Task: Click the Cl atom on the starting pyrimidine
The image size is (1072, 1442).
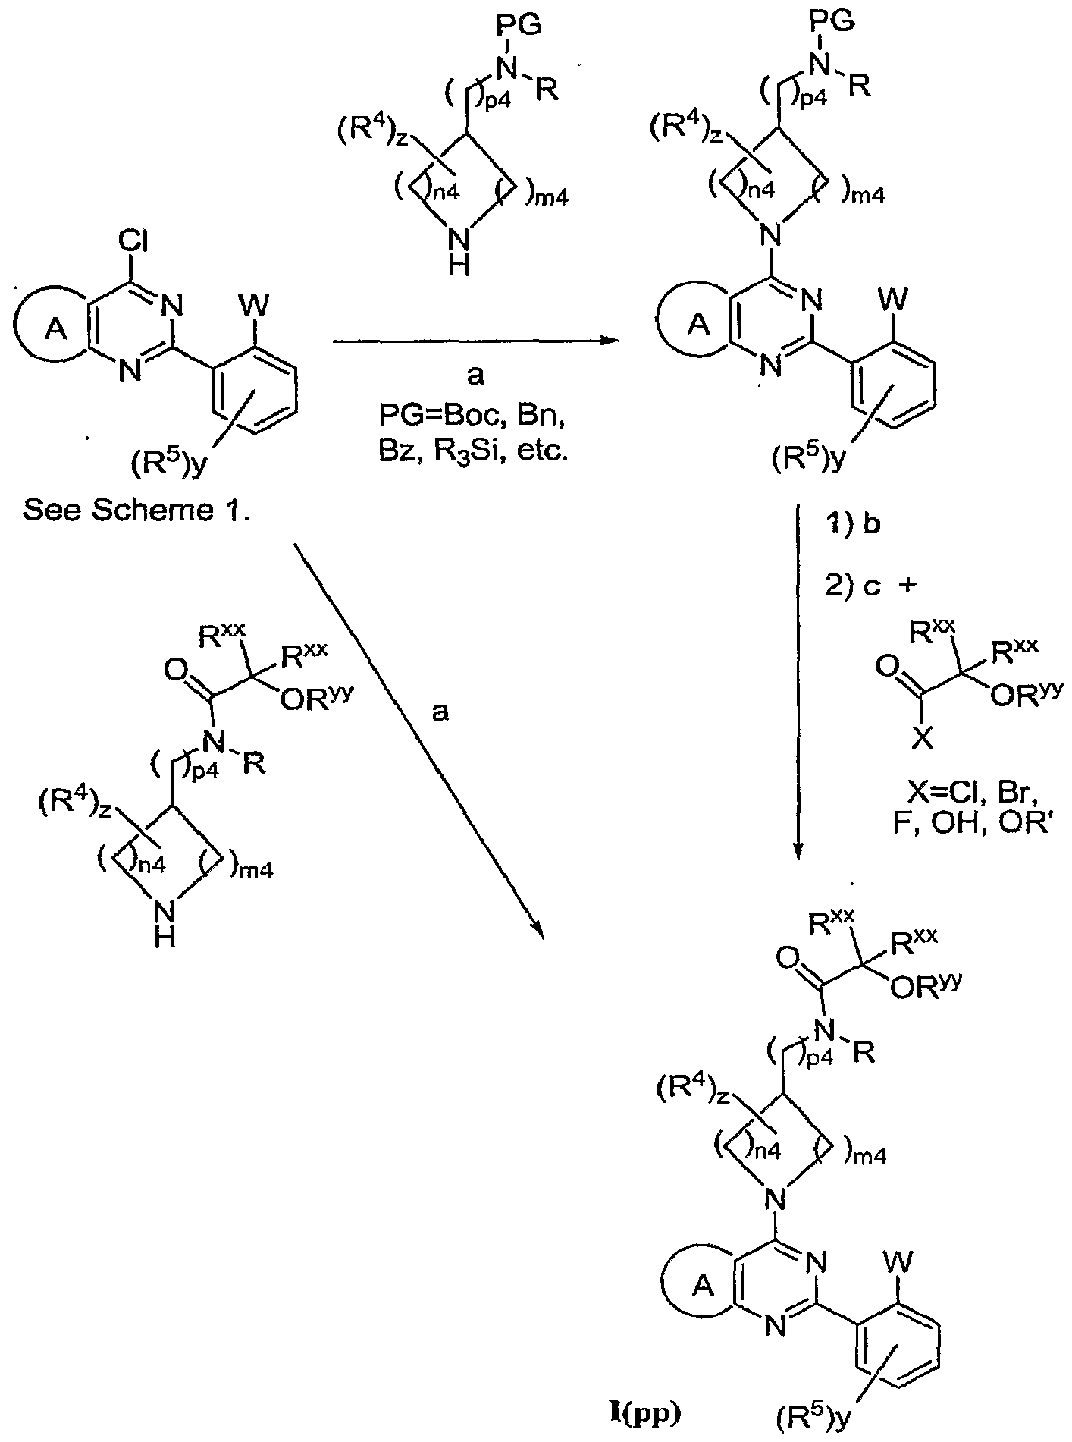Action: [133, 243]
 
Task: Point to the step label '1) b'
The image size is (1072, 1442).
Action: [852, 525]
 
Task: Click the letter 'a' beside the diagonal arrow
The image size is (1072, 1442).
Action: [440, 711]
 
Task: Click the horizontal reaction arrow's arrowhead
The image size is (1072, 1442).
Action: [604, 343]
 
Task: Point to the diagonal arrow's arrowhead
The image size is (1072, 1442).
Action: [538, 928]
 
